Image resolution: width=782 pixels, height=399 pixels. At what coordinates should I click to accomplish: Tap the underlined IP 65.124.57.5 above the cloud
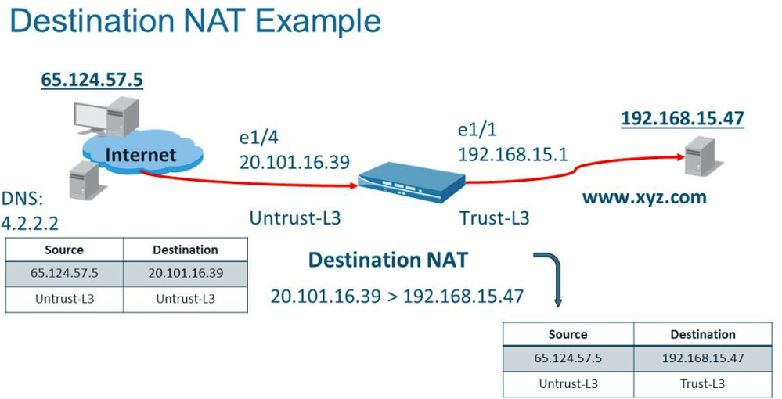coord(92,80)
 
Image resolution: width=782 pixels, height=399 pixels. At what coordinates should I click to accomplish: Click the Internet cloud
coord(141,154)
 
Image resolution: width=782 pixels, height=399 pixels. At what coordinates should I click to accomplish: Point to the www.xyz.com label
coord(643,197)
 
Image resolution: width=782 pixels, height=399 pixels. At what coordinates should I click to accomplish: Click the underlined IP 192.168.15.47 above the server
coord(682,118)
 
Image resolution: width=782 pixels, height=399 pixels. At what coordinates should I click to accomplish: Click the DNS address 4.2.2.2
coord(31,224)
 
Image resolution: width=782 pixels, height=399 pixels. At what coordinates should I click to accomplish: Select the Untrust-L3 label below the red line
coord(295,218)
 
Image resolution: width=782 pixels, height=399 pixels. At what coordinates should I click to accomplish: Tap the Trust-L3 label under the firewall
coord(494,218)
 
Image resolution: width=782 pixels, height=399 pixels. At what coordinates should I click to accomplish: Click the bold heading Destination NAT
coord(387,260)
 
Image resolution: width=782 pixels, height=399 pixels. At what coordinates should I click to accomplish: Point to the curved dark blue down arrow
coord(553,278)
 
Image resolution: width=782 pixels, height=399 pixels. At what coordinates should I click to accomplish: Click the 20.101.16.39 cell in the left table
coord(186,274)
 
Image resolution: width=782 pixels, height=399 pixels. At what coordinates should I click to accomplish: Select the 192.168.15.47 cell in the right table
coord(702,358)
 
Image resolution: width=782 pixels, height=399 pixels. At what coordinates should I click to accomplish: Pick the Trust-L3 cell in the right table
coord(702,383)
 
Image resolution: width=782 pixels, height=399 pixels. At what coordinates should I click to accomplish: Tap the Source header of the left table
coord(64,250)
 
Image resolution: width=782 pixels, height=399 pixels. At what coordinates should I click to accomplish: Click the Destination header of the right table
coord(702,334)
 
